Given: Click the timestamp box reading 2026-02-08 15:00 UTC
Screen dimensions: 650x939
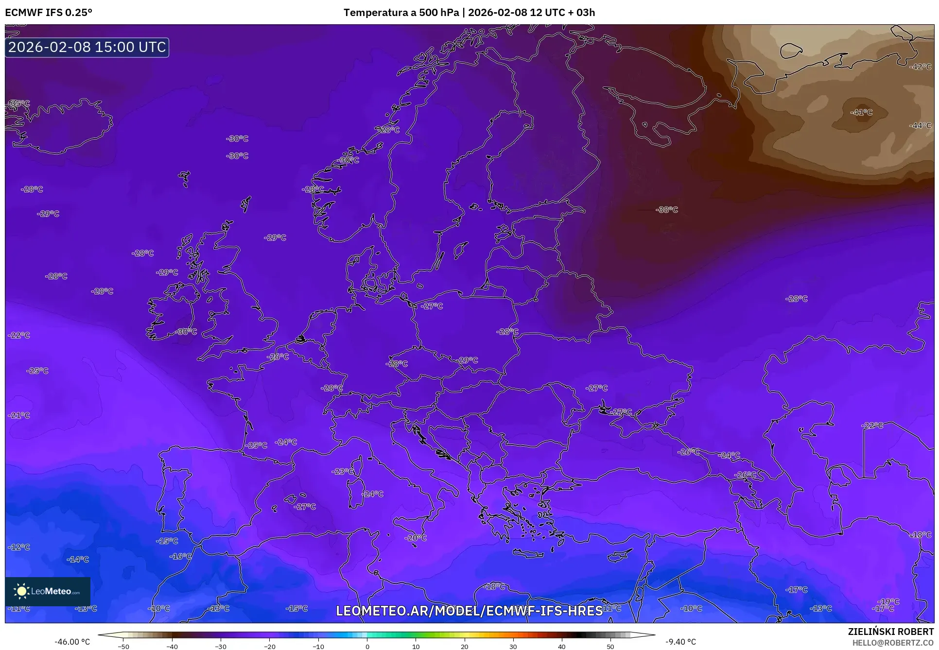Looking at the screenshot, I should tap(87, 47).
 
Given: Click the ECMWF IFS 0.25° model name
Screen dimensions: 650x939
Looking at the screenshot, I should tap(49, 13).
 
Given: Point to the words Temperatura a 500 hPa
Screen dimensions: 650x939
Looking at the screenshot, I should tap(401, 13).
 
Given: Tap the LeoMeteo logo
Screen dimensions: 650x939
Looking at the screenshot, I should tap(48, 591).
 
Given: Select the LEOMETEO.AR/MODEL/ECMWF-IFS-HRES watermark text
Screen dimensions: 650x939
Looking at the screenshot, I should tap(469, 611).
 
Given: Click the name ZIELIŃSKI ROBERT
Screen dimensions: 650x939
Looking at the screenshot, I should tap(890, 632).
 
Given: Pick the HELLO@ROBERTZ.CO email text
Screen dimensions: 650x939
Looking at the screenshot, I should tap(893, 642).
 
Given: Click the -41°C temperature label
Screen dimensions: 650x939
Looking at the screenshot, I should tap(861, 112).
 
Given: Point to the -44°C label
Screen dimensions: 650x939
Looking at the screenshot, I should tap(920, 125).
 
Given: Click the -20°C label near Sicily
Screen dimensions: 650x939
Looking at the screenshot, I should tap(416, 538).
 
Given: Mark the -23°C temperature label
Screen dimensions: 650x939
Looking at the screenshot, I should tap(343, 471).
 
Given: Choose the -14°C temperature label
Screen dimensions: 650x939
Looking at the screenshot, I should tap(78, 559).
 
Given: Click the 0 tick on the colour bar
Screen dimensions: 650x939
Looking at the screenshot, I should tap(367, 646).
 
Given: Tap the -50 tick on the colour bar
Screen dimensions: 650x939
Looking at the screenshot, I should tap(123, 646).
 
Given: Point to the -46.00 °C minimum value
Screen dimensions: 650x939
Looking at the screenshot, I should tap(72, 642).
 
